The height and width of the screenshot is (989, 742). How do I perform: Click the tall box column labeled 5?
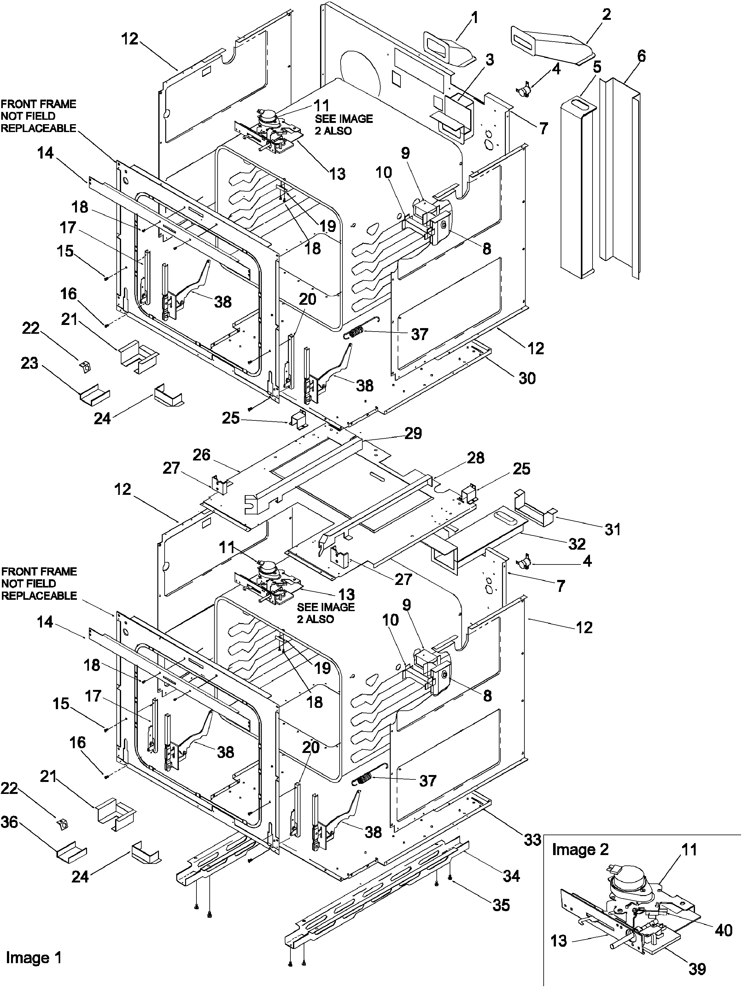click(x=577, y=188)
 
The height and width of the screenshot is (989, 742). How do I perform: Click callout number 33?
click(x=532, y=840)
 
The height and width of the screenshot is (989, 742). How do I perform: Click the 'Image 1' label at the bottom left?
click(x=33, y=957)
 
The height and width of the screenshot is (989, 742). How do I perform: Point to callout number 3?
click(x=489, y=60)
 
